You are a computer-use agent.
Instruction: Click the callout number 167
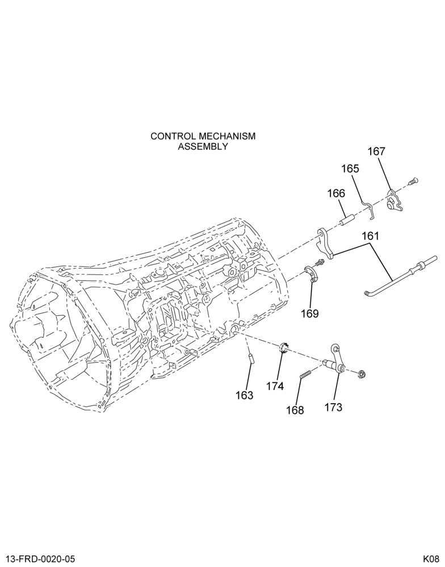click(376, 151)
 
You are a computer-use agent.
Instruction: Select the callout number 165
click(350, 169)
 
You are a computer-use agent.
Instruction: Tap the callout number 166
click(337, 193)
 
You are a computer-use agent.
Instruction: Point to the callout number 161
click(370, 236)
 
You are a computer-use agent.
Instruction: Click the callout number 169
click(310, 314)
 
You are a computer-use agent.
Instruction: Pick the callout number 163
click(245, 395)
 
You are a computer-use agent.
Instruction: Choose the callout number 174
click(275, 387)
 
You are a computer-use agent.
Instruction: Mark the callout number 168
click(295, 411)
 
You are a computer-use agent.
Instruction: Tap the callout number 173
click(333, 408)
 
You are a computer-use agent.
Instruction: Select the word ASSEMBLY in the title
click(203, 146)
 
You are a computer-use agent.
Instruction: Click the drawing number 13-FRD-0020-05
click(39, 559)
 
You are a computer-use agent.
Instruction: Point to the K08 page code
click(431, 559)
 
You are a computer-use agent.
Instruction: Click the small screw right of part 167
click(413, 181)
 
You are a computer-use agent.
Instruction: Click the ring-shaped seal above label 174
click(283, 347)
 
